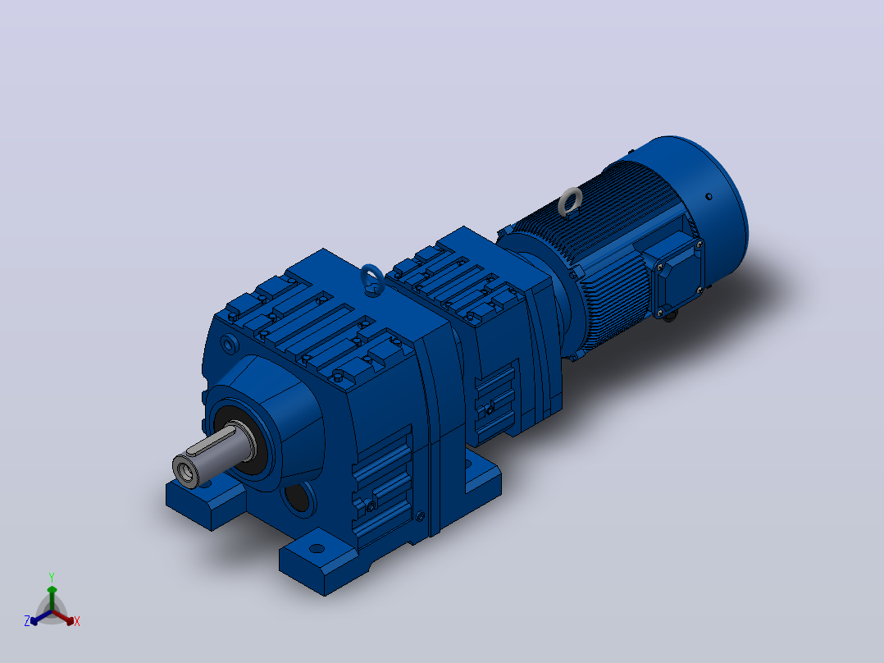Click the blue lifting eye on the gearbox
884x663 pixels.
(372, 279)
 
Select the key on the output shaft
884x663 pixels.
(210, 441)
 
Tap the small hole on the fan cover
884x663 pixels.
(709, 196)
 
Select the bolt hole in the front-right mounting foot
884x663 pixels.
(317, 548)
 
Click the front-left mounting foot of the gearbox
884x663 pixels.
(206, 502)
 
